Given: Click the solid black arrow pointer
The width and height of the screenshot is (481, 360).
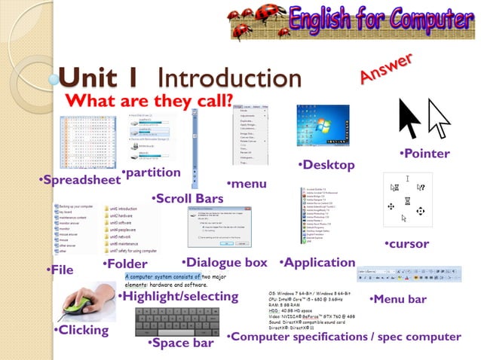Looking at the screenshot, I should pyautogui.click(x=409, y=119).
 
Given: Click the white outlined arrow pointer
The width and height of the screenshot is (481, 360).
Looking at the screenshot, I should pyautogui.click(x=437, y=119).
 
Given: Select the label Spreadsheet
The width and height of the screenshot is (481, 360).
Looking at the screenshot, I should pyautogui.click(x=81, y=181).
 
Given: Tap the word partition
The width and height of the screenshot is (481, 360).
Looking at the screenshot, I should pyautogui.click(x=153, y=173).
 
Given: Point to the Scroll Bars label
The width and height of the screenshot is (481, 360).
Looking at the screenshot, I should pyautogui.click(x=188, y=199).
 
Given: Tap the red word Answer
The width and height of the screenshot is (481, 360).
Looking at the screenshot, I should pyautogui.click(x=386, y=68).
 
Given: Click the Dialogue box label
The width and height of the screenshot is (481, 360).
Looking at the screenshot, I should pyautogui.click(x=225, y=263).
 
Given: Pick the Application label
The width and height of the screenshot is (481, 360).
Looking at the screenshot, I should pyautogui.click(x=317, y=263).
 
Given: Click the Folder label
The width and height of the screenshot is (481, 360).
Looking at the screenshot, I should pyautogui.click(x=125, y=264).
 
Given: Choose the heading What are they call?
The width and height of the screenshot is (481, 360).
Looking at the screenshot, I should pyautogui.click(x=149, y=101).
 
